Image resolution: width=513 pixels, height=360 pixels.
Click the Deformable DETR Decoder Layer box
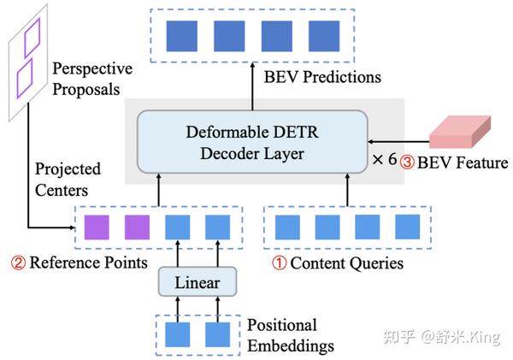tap(252, 142)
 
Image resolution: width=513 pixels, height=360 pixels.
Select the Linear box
tap(198, 282)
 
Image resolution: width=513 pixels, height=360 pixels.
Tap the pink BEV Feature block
tap(460, 132)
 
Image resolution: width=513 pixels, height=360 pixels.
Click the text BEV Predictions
tap(322, 77)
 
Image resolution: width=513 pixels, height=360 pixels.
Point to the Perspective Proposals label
tap(92, 79)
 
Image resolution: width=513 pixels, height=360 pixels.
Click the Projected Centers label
tap(68, 180)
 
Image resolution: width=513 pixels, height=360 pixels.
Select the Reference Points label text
tap(88, 263)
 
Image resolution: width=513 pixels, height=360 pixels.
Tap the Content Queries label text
tap(347, 263)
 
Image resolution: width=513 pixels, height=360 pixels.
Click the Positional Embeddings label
tap(291, 335)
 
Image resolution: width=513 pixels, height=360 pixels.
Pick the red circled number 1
tap(280, 263)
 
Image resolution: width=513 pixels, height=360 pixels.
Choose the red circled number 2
tap(18, 263)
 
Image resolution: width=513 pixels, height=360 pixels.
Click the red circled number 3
tap(407, 162)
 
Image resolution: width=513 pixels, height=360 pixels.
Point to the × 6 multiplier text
tap(385, 159)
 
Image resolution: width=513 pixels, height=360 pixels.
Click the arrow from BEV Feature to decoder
tap(398, 142)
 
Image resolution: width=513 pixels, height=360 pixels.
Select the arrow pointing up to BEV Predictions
tap(252, 86)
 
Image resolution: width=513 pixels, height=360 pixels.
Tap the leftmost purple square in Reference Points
tap(97, 227)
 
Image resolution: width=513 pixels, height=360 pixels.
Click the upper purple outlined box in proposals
tap(32, 37)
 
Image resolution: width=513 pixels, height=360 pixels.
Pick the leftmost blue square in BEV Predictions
tap(182, 36)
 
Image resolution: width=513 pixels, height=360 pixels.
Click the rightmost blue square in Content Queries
tap(408, 227)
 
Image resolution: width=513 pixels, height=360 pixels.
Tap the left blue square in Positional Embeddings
tap(177, 334)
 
